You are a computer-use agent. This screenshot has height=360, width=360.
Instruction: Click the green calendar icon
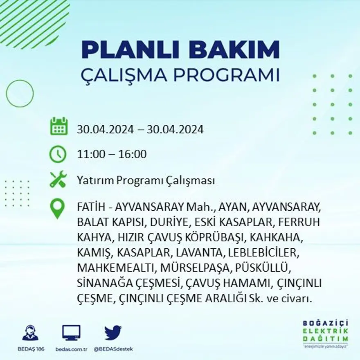click(59, 126)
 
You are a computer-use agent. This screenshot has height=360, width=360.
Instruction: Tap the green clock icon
click(58, 154)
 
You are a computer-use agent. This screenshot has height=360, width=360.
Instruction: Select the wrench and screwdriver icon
click(58, 180)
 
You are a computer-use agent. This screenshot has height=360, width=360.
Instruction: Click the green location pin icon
click(57, 208)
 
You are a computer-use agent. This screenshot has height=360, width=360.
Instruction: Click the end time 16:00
click(133, 155)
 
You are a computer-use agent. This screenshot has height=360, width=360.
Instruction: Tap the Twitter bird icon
click(112, 333)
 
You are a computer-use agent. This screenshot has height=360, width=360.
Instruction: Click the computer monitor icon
click(71, 333)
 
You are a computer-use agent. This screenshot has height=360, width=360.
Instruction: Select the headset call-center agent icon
click(30, 333)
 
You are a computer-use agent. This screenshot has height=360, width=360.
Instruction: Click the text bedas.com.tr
click(71, 349)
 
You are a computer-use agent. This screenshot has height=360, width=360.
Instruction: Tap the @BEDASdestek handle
click(113, 349)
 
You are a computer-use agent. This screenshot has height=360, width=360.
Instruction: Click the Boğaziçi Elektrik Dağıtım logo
click(326, 333)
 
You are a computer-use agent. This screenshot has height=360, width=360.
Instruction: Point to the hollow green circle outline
click(20, 94)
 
